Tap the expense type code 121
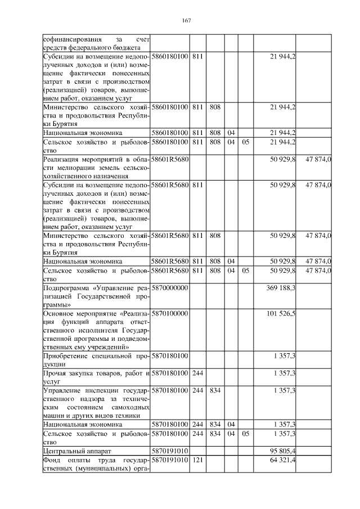pos(197,460)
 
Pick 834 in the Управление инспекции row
pos(214,389)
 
